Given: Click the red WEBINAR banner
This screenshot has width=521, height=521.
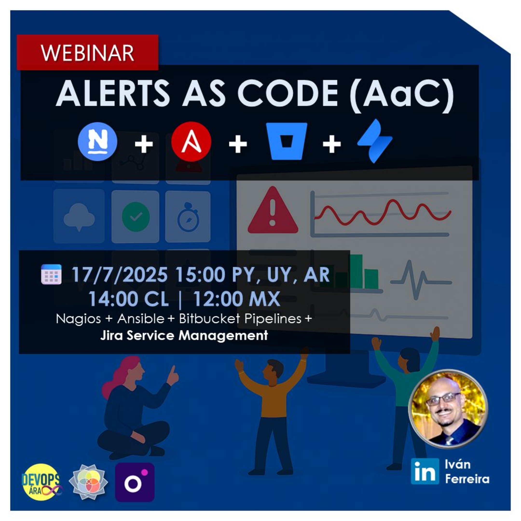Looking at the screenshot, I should coord(87,53).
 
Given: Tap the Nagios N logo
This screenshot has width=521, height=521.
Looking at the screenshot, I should coord(97,142).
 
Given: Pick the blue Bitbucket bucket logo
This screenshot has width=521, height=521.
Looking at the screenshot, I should coord(286,141).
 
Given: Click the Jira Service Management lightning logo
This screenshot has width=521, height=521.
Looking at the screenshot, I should coord(375,141).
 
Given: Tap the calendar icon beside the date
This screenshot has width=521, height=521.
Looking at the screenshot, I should coord(51,274).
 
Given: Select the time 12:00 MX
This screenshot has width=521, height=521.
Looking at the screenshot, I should coord(237,299).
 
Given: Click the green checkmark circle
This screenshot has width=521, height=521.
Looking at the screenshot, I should coord(136,216).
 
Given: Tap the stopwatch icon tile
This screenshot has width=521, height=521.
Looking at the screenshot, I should coord(188,217).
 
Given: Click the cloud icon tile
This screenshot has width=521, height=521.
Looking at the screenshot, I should coord(79,216).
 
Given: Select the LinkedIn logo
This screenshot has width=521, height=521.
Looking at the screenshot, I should coord(425,479).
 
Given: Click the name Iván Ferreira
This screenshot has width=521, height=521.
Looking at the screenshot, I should coord(467,479).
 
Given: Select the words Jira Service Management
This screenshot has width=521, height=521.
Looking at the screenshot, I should coord(184,336).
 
